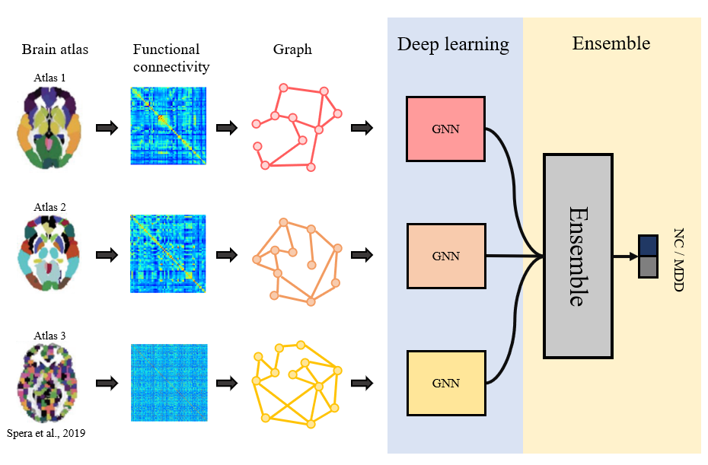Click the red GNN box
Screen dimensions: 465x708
click(x=445, y=129)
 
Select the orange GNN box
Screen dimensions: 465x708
click(x=445, y=256)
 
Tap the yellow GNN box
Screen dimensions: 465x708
click(x=445, y=383)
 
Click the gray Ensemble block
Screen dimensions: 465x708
click(x=577, y=256)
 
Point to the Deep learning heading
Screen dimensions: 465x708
click(x=453, y=44)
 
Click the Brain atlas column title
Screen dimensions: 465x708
click(x=55, y=50)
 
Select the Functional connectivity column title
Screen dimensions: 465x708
click(x=171, y=58)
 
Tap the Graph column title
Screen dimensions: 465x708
click(x=292, y=50)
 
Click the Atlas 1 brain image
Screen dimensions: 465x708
click(x=48, y=126)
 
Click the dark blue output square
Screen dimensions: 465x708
click(x=648, y=245)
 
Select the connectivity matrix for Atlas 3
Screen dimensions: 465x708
click(x=168, y=383)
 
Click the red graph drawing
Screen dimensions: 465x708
click(x=292, y=128)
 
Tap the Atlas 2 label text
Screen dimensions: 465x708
click(x=49, y=206)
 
